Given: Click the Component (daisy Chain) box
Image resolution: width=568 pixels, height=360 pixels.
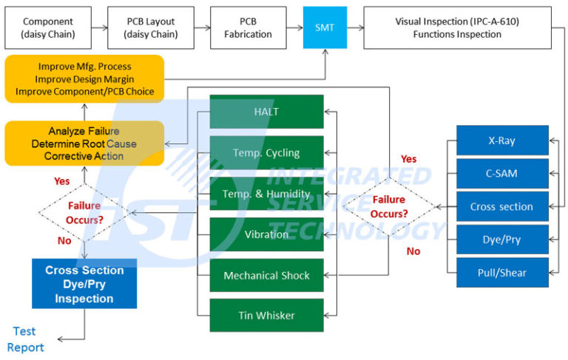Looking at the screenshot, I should pyautogui.click(x=47, y=27).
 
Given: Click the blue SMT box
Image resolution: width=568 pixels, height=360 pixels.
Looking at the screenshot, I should pyautogui.click(x=325, y=27).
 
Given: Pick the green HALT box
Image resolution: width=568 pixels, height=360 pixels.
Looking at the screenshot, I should pyautogui.click(x=267, y=112).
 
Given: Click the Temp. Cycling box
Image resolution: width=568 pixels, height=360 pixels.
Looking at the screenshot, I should pyautogui.click(x=267, y=153).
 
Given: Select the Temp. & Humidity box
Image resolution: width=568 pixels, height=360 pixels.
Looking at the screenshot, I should pyautogui.click(x=267, y=194).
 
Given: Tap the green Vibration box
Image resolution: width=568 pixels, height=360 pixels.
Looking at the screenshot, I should pyautogui.click(x=267, y=234).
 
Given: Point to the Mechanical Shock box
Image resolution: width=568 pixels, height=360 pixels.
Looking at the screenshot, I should pyautogui.click(x=267, y=275).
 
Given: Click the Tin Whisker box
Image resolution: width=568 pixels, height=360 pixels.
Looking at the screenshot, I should pyautogui.click(x=267, y=316).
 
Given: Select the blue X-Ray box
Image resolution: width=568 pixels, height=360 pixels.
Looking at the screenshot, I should pyautogui.click(x=502, y=140).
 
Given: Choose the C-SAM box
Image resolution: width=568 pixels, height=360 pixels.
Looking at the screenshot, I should pyautogui.click(x=502, y=174).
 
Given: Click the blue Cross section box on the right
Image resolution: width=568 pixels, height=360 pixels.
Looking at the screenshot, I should pyautogui.click(x=502, y=207).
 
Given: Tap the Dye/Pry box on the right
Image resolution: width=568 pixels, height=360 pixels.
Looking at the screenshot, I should pyautogui.click(x=502, y=240).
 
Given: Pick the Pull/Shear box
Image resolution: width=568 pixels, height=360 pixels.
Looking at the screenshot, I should pyautogui.click(x=502, y=273).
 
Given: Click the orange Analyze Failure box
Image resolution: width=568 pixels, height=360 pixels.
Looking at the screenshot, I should pyautogui.click(x=84, y=143).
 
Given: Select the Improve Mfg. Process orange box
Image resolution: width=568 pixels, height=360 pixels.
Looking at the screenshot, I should pyautogui.click(x=84, y=78).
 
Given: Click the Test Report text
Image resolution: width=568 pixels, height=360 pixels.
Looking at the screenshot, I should pyautogui.click(x=25, y=339).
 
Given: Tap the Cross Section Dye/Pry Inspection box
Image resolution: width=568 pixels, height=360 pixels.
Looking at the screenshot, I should pyautogui.click(x=84, y=284).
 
